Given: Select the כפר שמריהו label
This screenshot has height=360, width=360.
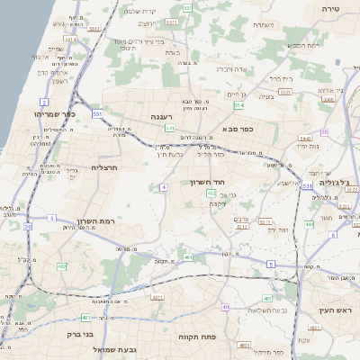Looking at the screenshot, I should coord(40,114).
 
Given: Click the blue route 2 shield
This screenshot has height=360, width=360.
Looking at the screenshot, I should coord(44,103).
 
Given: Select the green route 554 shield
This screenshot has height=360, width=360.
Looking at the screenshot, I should coord(238,105).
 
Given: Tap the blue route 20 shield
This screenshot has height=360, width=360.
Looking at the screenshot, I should coord(27,227).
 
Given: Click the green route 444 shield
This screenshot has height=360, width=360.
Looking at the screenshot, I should coord(309,224).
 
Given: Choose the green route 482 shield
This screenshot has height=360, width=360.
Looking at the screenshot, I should coord(61,266).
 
